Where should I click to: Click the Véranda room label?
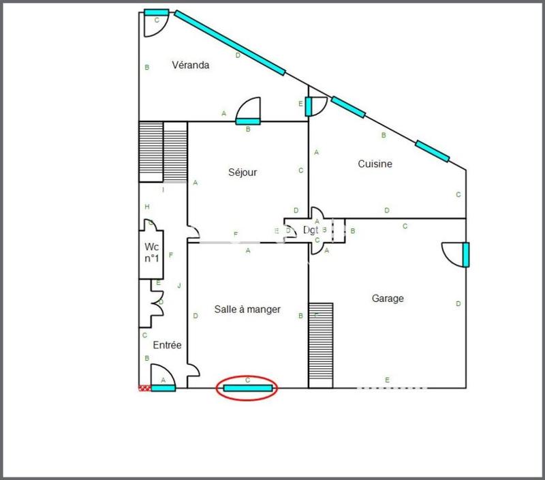pos(190,65)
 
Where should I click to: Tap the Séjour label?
pos(243,172)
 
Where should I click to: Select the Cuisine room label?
pos(375,164)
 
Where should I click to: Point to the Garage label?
pos(388,298)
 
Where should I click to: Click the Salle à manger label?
pos(247,309)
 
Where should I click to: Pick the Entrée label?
pos(167,345)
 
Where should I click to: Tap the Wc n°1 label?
pos(151,252)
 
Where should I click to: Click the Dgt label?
pos(311,230)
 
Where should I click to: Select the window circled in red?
pos(248,389)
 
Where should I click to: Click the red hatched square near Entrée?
pos(144,388)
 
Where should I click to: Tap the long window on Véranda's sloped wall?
pos(230,42)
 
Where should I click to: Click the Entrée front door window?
pos(163,388)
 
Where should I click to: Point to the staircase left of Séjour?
pos(163,151)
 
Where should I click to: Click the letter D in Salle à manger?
pos(196,316)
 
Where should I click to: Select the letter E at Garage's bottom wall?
pos(387,380)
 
